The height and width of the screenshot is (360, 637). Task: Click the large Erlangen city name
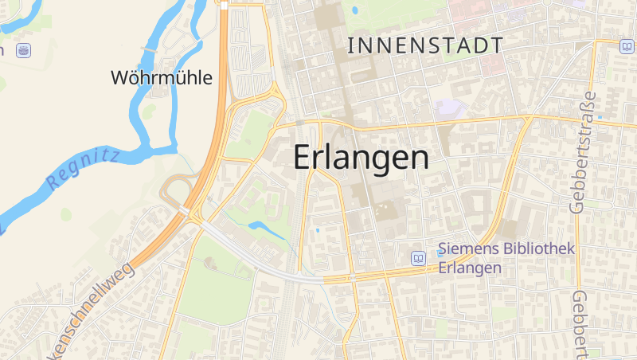click(x=361, y=157)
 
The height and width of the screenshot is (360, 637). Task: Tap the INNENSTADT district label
click(x=425, y=45)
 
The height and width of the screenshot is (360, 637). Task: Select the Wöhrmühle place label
click(x=162, y=77)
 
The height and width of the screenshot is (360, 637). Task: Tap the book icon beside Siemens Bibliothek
click(x=418, y=258)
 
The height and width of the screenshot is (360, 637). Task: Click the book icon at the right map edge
click(x=627, y=47)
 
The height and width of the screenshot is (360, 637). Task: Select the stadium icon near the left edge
click(x=24, y=49)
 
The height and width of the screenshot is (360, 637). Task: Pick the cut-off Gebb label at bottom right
click(x=580, y=323)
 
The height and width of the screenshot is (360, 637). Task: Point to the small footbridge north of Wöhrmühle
click(x=149, y=50)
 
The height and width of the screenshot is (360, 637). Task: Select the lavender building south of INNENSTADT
click(x=451, y=108)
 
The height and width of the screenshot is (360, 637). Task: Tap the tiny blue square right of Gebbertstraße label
click(x=600, y=119)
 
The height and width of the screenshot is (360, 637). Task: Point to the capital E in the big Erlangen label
click(x=303, y=157)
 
